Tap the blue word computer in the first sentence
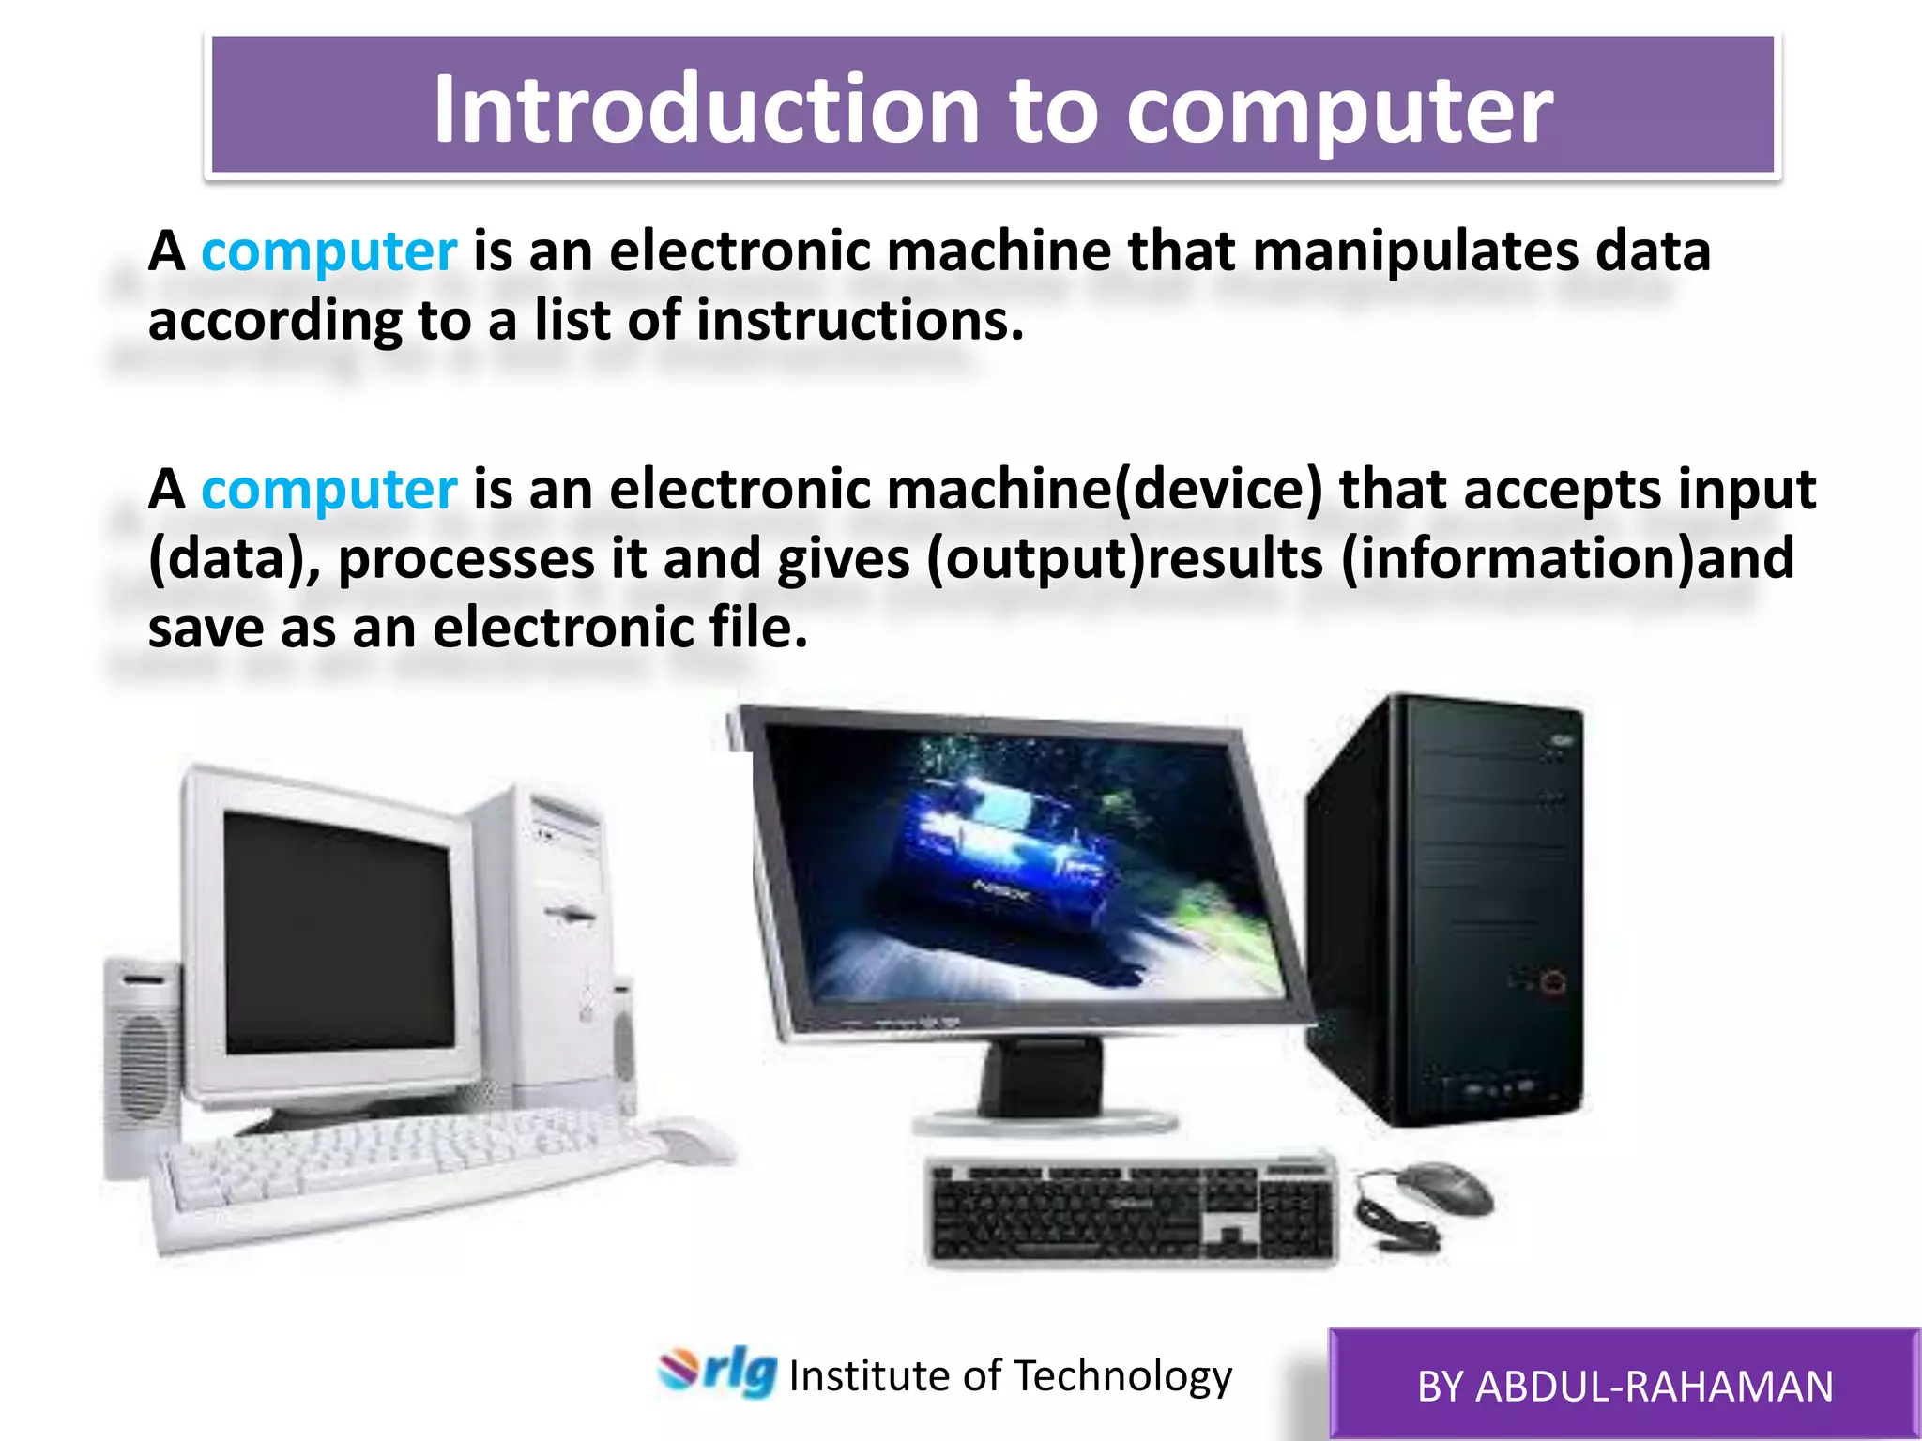[x=328, y=251]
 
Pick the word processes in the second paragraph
[x=466, y=560]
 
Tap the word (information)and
[x=1566, y=559]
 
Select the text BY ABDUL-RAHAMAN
[x=1625, y=1387]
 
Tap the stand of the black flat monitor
[x=1042, y=1088]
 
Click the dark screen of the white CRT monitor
[x=338, y=933]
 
